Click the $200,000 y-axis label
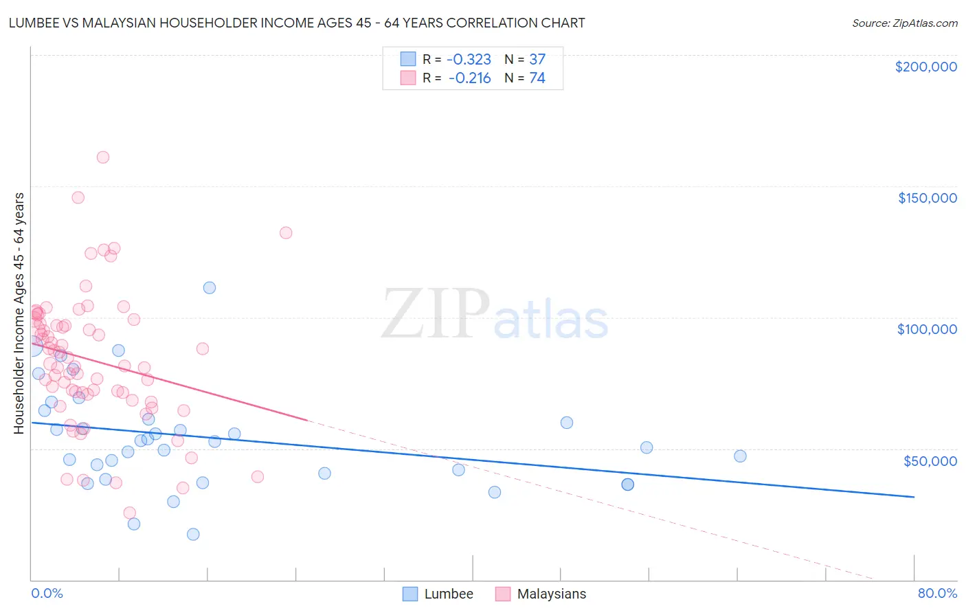pos(925,67)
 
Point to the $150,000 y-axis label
pos(927,198)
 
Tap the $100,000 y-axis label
pos(927,329)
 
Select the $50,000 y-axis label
pos(930,460)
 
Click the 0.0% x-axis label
pos(47,593)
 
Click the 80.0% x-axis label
pos(937,593)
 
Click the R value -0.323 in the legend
pos(469,59)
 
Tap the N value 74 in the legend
pos(537,78)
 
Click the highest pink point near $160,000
pos(103,157)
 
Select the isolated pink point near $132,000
pos(286,233)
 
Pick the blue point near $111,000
pos(210,288)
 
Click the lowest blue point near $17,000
pos(193,534)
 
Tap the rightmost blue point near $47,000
pos(740,456)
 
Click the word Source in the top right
pos(870,23)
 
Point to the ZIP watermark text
pos(435,314)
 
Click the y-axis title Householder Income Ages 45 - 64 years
pos(19,313)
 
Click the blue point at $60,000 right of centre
pos(567,423)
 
